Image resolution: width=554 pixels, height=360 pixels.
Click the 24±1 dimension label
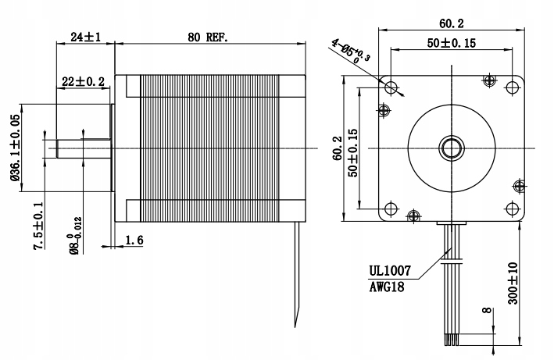tap(84, 36)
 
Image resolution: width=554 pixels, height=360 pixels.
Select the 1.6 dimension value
tap(134, 241)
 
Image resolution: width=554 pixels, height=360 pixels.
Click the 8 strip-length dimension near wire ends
tap(487, 313)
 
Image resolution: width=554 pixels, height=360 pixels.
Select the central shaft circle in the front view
tap(451, 146)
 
